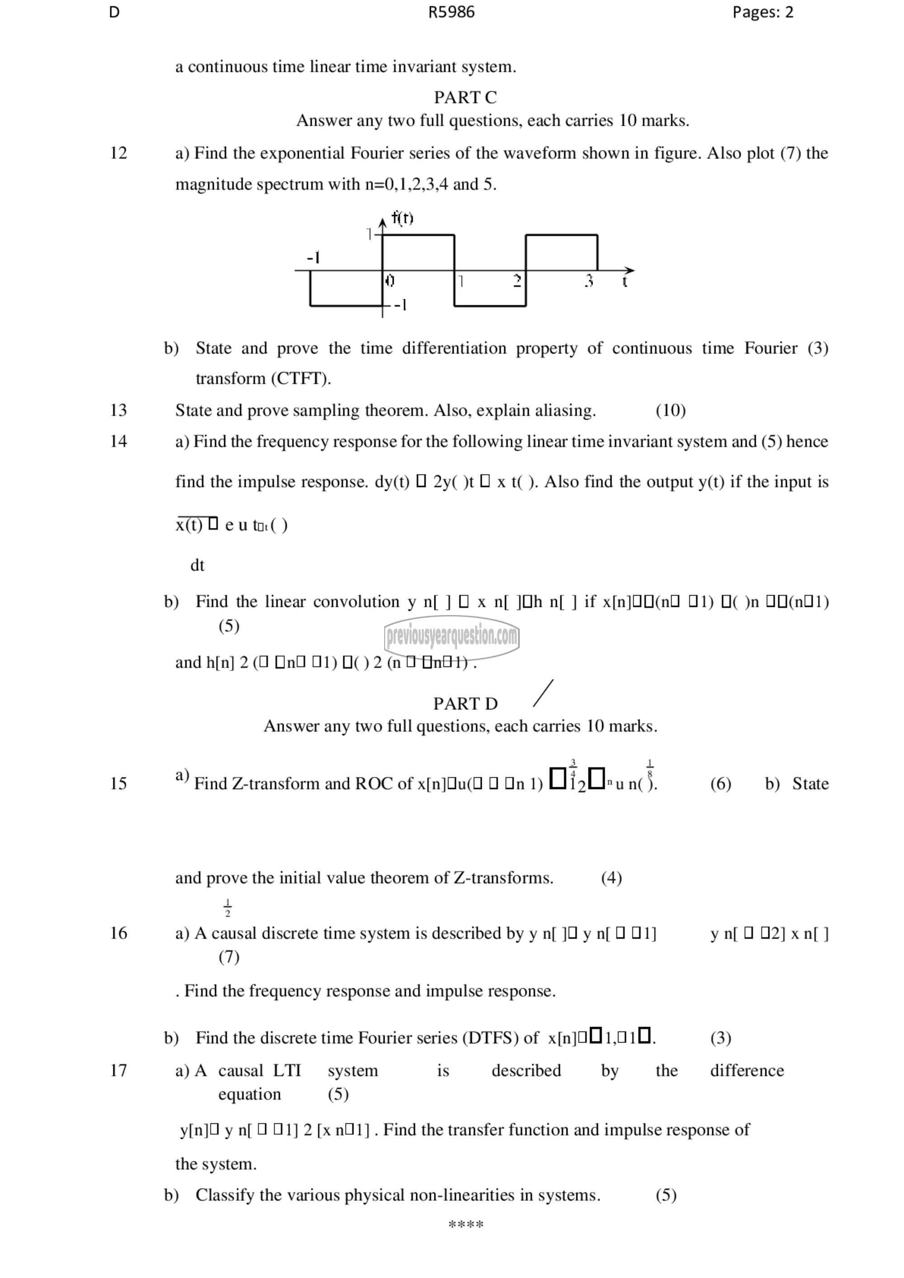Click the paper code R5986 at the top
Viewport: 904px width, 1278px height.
[451, 12]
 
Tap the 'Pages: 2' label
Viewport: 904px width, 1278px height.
[762, 12]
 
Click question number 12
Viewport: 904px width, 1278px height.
[118, 153]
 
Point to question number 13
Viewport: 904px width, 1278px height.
[118, 410]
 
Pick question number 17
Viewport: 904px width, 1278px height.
[118, 1071]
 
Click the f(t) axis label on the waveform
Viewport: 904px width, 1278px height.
[402, 218]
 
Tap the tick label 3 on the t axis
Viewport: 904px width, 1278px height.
[589, 281]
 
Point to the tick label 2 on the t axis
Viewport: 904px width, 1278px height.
[517, 281]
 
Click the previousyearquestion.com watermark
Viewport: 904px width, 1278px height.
[452, 636]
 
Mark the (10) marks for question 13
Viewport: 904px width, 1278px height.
[670, 410]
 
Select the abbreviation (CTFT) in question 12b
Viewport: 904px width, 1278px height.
[301, 379]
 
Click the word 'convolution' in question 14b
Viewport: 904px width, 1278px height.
[356, 601]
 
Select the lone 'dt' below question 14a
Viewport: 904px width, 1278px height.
[197, 565]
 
